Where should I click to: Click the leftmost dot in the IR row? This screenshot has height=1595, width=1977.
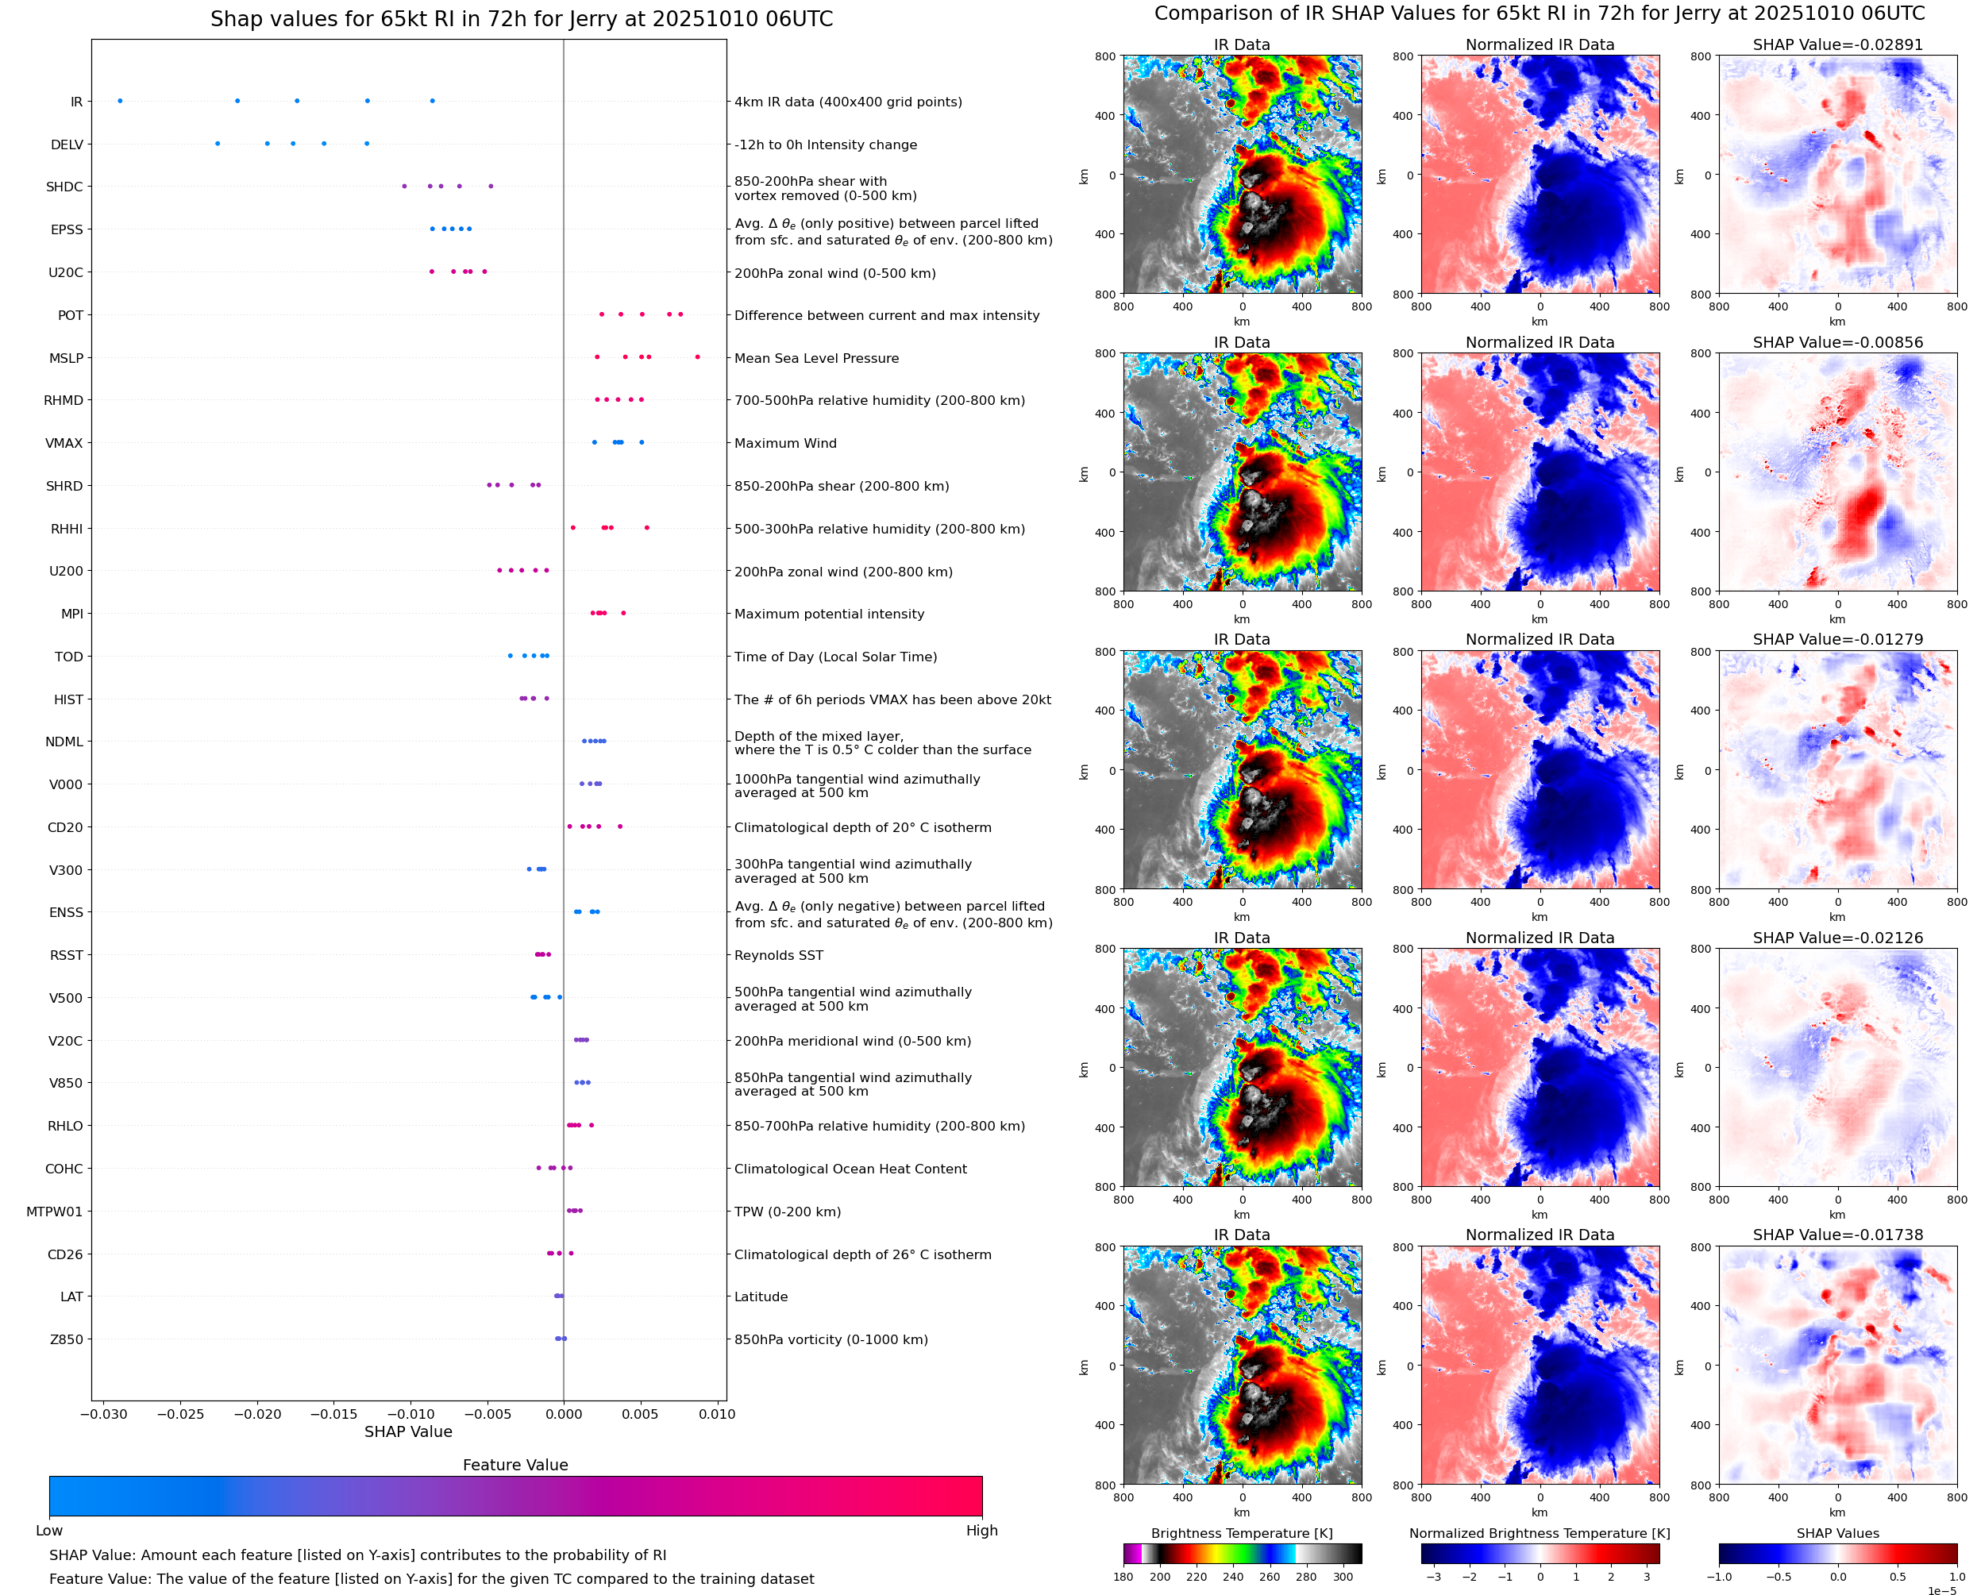click(121, 101)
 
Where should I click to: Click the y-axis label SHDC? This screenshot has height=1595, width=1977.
click(64, 187)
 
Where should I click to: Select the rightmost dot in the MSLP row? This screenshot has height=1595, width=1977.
click(697, 356)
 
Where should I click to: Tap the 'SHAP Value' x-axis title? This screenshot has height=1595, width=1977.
click(408, 1431)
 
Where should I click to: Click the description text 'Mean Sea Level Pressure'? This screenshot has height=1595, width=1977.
click(815, 358)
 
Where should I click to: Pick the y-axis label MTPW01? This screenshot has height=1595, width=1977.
click(54, 1211)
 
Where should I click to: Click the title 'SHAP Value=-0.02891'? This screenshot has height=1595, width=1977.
click(1837, 44)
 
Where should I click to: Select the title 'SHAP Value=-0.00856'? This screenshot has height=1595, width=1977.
click(1837, 341)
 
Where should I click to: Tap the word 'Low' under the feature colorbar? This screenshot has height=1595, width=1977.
click(48, 1530)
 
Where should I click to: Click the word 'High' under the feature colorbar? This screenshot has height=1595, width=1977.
click(981, 1530)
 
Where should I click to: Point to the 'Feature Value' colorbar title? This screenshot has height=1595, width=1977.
click(515, 1465)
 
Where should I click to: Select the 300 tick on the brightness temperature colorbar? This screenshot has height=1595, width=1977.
click(1343, 1577)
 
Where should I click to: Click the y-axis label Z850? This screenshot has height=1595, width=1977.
click(66, 1339)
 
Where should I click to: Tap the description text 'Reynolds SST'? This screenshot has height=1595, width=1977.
click(778, 956)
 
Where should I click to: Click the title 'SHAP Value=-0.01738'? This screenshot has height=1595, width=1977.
click(1837, 1235)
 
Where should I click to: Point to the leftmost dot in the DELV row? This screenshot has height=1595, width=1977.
click(217, 144)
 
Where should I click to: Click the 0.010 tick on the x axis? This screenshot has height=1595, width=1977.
click(717, 1414)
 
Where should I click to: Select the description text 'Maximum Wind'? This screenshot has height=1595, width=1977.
click(785, 443)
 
